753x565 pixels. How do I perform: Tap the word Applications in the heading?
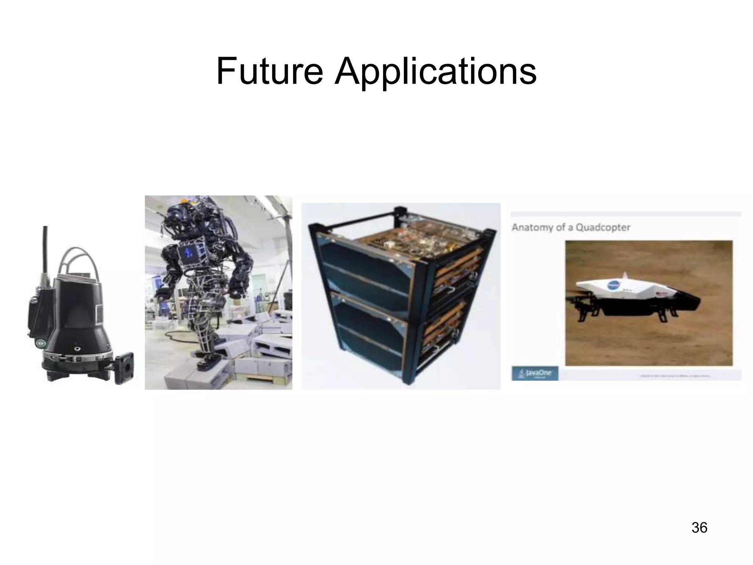pyautogui.click(x=435, y=72)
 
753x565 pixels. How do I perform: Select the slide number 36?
pyautogui.click(x=699, y=527)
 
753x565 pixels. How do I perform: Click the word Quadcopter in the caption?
pyautogui.click(x=603, y=227)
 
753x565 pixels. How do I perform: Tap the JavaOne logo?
pyautogui.click(x=535, y=373)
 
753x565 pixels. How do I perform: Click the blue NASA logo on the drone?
pyautogui.click(x=613, y=286)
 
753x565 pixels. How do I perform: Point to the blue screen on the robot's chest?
pyautogui.click(x=188, y=253)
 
